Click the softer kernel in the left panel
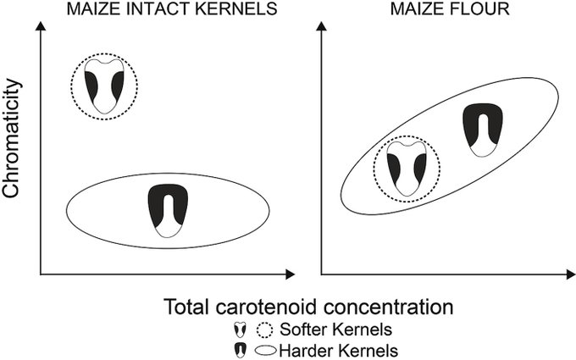point(104,85)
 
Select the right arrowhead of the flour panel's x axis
point(568,274)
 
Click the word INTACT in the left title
point(152,10)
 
